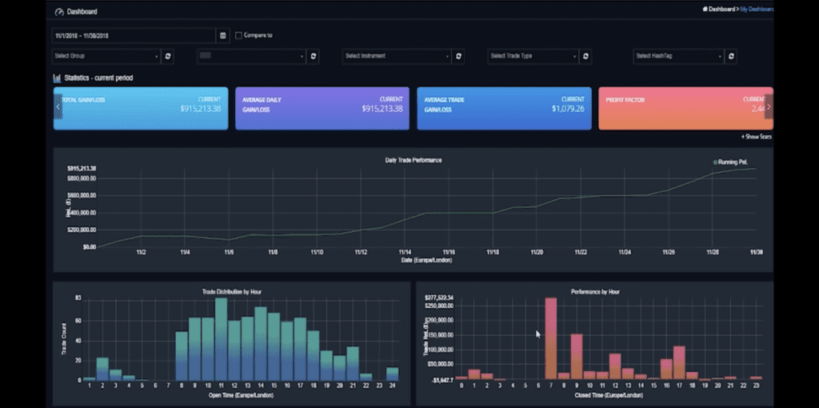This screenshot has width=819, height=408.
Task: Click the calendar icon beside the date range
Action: pos(222,35)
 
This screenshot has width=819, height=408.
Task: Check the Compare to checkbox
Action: pos(238,35)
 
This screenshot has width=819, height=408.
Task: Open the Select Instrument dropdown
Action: pos(397,56)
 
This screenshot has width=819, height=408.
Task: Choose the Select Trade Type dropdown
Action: pos(533,56)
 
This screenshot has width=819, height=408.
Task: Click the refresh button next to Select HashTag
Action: pos(732,56)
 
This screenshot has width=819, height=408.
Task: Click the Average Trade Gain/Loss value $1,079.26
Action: pos(563,109)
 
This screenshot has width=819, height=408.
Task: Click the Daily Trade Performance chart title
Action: pos(413,160)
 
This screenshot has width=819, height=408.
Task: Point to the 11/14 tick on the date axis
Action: pos(406,252)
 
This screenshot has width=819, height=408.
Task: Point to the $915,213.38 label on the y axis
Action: pos(82,169)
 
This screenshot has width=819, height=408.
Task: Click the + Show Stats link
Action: pos(756,137)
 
